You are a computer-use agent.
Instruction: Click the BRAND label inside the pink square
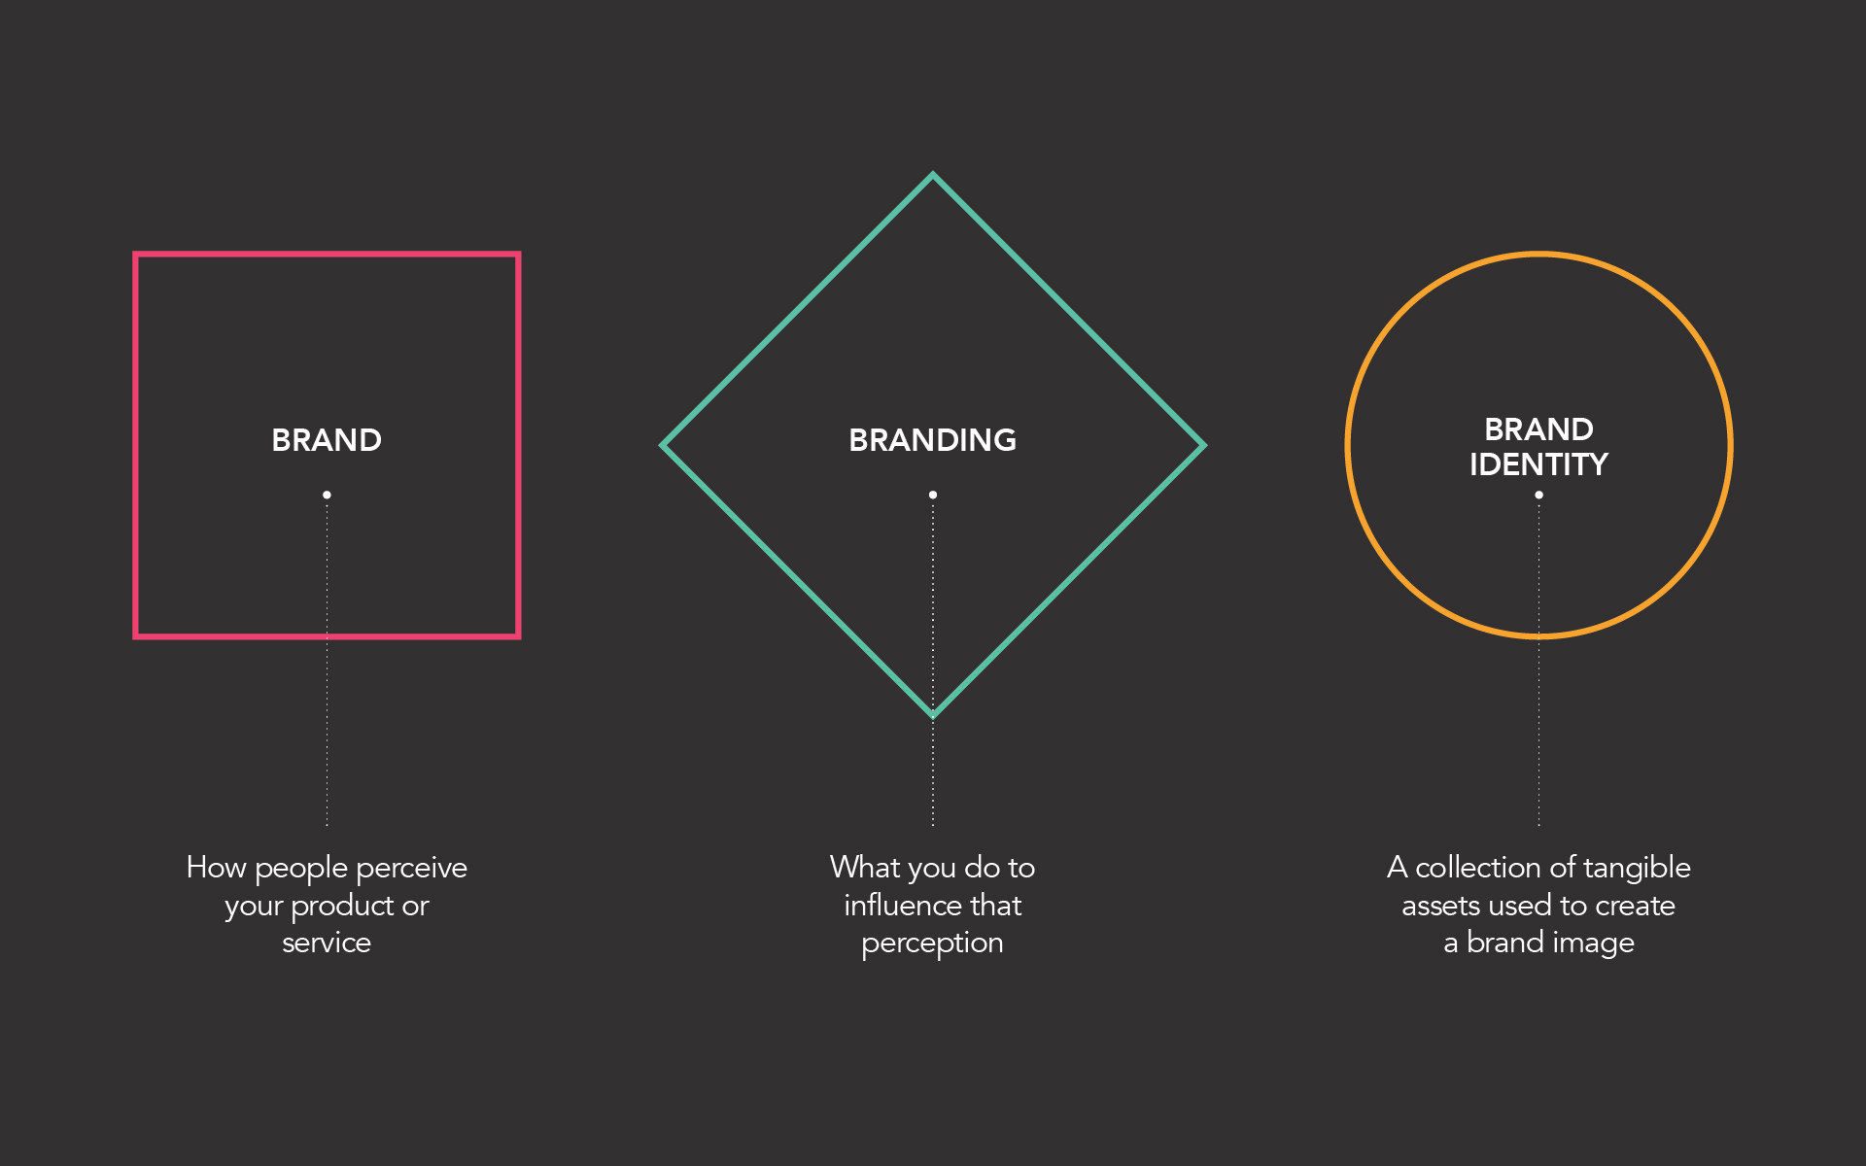coord(327,440)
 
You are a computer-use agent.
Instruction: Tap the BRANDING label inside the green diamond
coord(933,440)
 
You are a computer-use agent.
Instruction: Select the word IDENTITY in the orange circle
coord(1538,464)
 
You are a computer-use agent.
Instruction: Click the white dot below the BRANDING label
coord(933,495)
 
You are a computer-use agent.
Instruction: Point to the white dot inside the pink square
coord(327,495)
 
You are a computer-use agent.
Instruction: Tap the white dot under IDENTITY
coord(1538,495)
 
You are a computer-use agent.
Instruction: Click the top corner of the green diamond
coord(933,175)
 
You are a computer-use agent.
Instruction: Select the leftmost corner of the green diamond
coord(662,446)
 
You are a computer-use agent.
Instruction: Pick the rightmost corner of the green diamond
coord(1204,446)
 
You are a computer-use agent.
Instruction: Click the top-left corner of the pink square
coord(135,255)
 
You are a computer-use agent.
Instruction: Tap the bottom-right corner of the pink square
coord(519,636)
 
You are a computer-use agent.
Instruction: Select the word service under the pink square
coord(327,943)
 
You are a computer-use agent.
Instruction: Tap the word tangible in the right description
coord(1637,869)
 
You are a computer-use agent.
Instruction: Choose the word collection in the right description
coord(1477,867)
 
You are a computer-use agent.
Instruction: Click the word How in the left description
coord(216,867)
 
